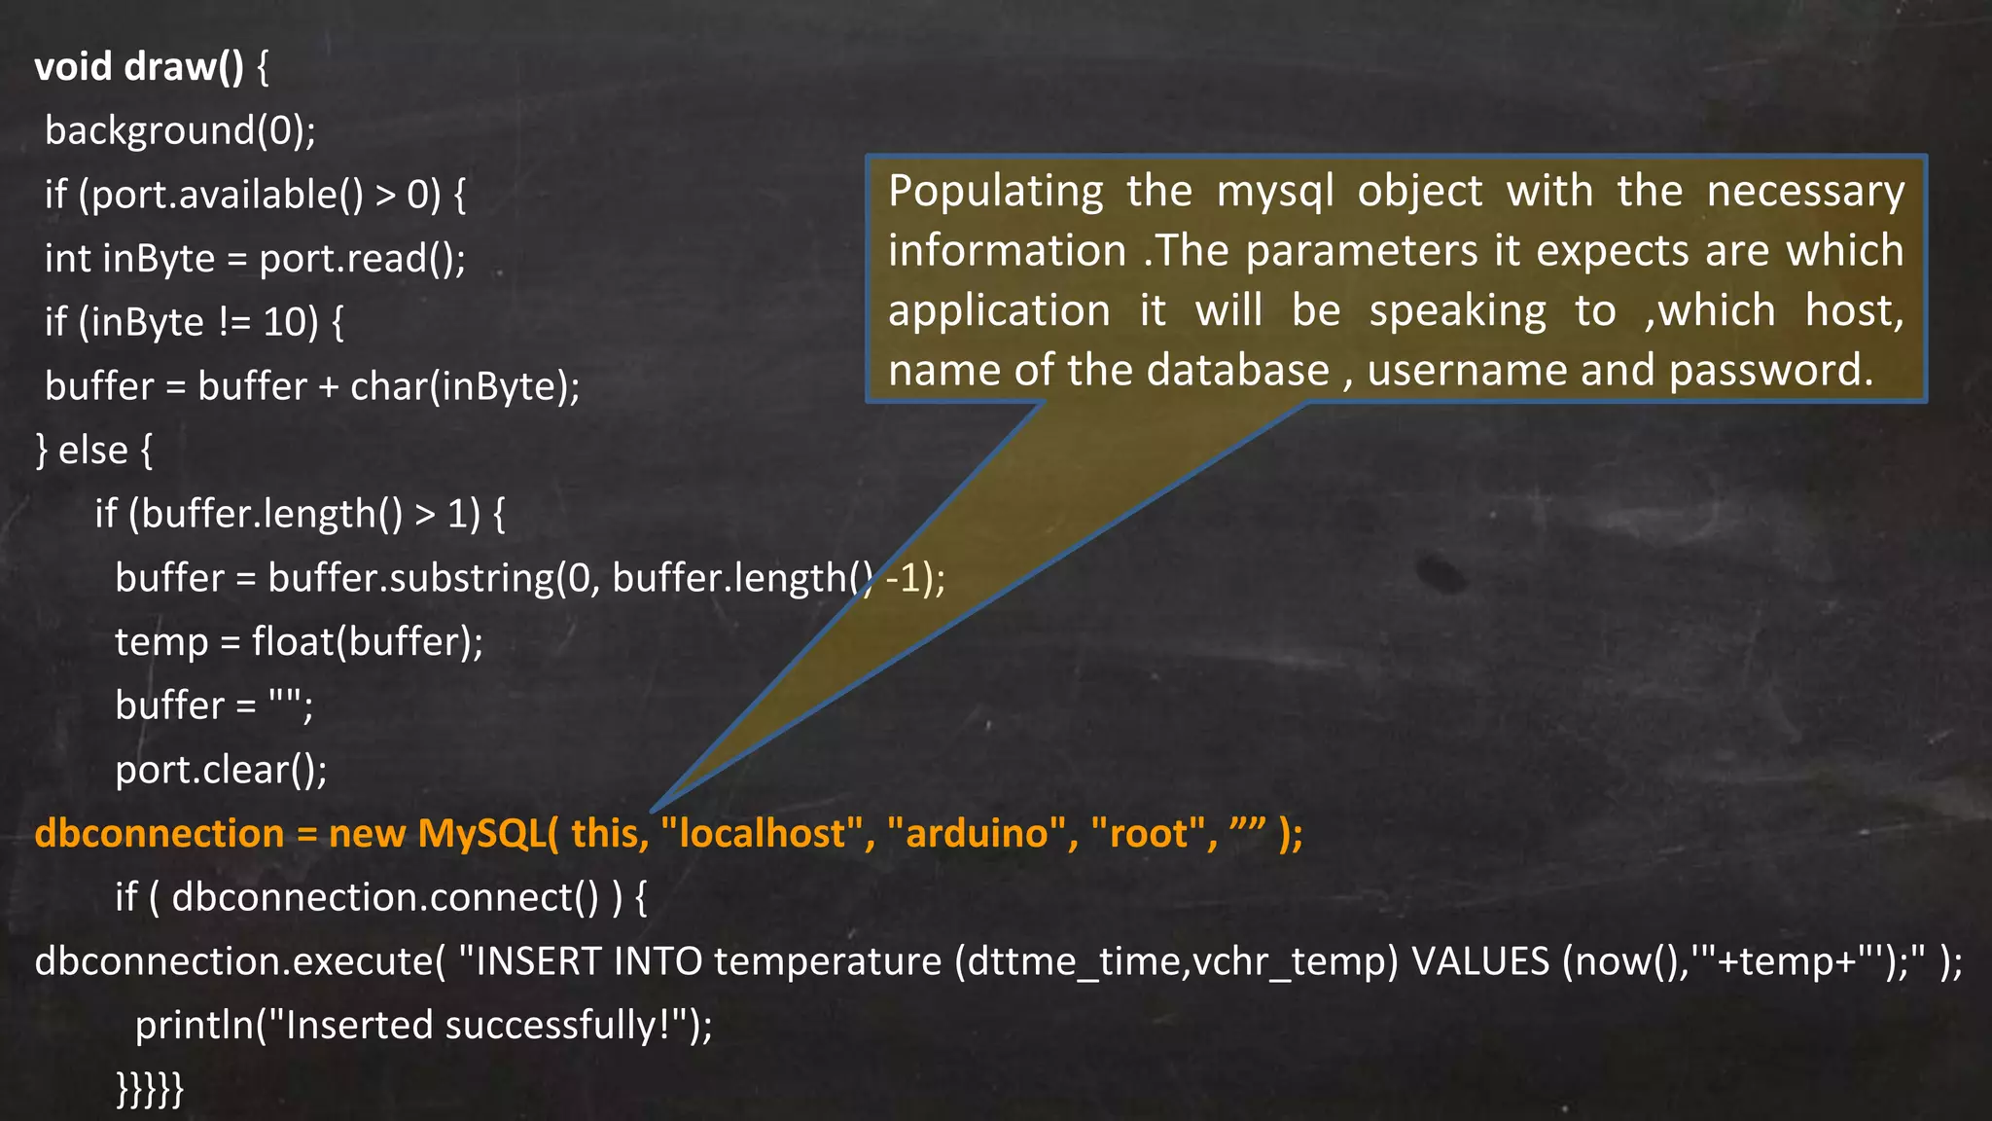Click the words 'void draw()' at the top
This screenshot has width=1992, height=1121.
coord(139,66)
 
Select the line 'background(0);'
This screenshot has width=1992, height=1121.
coord(180,130)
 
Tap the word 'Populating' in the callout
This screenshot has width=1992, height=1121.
coord(995,192)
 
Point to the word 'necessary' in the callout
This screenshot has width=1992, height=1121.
coord(1805,192)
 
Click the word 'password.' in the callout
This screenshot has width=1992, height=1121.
coord(1770,370)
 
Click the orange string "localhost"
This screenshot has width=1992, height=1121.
coord(762,833)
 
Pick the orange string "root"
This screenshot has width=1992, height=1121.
coord(1149,833)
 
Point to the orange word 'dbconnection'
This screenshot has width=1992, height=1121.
coord(159,833)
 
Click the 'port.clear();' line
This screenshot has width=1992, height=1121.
coord(221,770)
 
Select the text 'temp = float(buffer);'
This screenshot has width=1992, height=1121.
coord(299,641)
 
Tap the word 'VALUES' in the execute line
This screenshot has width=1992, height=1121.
coord(1479,961)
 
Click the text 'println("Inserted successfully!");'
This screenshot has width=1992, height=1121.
coord(423,1025)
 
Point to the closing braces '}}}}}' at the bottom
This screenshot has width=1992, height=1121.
coord(150,1087)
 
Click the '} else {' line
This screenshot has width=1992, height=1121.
coord(94,451)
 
